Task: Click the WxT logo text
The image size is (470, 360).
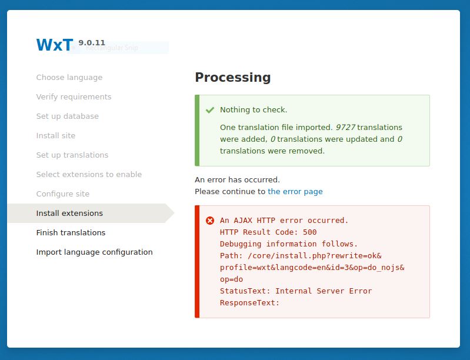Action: (55, 45)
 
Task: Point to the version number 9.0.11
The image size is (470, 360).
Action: (92, 42)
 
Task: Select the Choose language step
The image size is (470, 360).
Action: (69, 77)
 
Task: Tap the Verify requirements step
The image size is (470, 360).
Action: (74, 97)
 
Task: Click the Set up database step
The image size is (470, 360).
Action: (68, 116)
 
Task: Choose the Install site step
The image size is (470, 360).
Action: (56, 135)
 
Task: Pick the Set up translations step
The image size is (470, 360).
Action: (72, 155)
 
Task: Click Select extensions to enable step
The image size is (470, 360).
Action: (89, 175)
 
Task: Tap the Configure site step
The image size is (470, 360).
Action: (63, 194)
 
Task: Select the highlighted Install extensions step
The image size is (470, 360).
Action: (69, 213)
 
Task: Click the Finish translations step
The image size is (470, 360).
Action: (71, 232)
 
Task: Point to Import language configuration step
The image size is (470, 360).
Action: (95, 252)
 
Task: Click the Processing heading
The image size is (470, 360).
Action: (233, 77)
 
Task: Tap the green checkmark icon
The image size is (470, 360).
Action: (210, 110)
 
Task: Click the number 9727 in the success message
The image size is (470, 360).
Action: (345, 128)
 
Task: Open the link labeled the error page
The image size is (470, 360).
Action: (295, 192)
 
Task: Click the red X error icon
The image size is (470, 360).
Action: (210, 221)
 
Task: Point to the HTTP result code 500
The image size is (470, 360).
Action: (309, 232)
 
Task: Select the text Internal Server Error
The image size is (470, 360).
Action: (324, 291)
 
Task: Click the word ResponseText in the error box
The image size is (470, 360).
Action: (248, 303)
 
